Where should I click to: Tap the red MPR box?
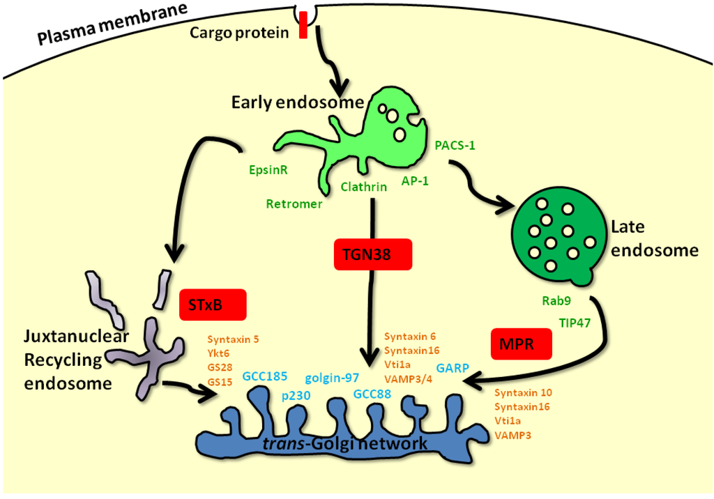click(x=522, y=343)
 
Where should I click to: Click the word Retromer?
click(x=294, y=204)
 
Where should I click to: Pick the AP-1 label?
click(x=416, y=181)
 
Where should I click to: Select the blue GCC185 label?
click(x=265, y=376)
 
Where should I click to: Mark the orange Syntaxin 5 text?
click(x=233, y=339)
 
